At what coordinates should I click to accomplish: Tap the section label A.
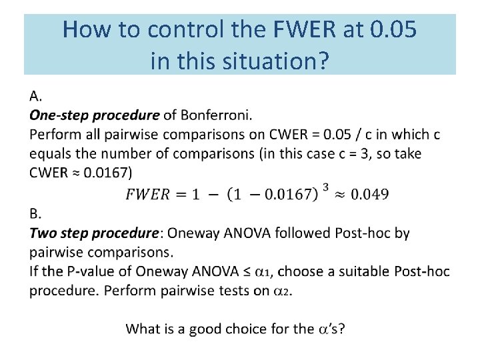click(36, 96)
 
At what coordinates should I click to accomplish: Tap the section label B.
click(35, 213)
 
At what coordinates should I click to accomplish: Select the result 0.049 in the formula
click(369, 194)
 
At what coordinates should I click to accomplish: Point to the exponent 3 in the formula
click(326, 187)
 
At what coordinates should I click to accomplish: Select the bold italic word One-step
click(59, 115)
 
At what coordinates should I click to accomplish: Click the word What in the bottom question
click(143, 329)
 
